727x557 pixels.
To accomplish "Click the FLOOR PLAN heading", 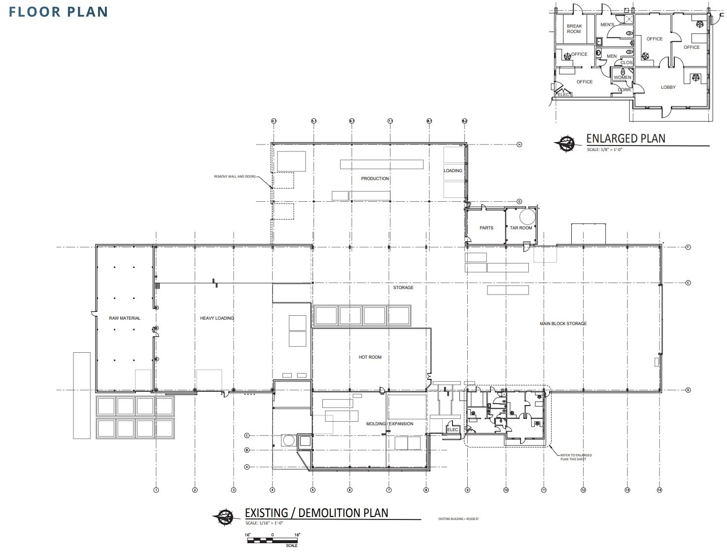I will [59, 12].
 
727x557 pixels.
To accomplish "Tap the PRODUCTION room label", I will [375, 179].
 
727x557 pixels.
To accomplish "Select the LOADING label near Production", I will [453, 171].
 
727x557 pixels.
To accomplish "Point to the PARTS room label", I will [486, 228].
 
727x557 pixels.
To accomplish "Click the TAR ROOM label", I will [521, 228].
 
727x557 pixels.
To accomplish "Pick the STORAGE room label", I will [403, 288].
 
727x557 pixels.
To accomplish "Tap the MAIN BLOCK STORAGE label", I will [563, 324].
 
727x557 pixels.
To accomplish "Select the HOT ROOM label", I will [370, 357].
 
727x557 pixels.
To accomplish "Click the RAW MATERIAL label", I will [125, 318].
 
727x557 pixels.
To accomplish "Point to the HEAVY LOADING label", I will [217, 318].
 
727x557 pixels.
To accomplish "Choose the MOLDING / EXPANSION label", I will [389, 424].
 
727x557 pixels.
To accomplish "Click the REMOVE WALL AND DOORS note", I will [235, 177].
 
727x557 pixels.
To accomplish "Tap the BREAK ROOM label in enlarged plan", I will [574, 29].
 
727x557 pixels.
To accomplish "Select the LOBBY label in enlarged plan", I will [668, 87].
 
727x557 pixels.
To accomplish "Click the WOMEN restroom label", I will [622, 77].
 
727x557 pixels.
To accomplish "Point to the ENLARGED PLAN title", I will [625, 139].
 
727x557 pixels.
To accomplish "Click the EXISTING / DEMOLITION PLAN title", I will [316, 513].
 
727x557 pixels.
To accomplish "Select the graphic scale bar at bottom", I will [273, 540].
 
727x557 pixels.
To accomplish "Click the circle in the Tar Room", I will [526, 217].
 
